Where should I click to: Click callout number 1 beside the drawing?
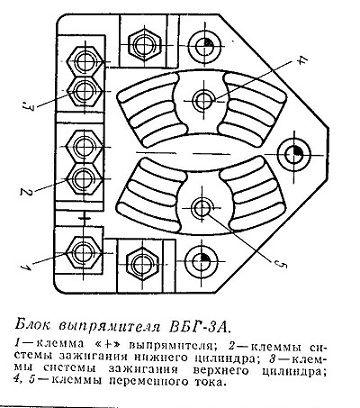(x=25, y=266)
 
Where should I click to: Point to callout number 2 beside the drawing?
(x=24, y=192)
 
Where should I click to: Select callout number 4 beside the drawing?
(x=302, y=60)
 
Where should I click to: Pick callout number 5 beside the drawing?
(x=281, y=264)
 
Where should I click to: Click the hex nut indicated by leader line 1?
(x=82, y=253)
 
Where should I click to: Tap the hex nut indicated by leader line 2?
(x=83, y=179)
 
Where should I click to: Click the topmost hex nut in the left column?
(x=84, y=61)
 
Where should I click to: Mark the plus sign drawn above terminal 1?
(x=85, y=218)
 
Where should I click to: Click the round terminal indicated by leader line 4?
(x=203, y=99)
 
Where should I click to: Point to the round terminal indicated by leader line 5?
(x=202, y=208)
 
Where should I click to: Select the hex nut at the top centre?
(x=145, y=44)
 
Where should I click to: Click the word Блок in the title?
(x=34, y=325)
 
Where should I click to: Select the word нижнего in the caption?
(x=162, y=357)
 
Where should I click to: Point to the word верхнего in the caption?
(x=219, y=370)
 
